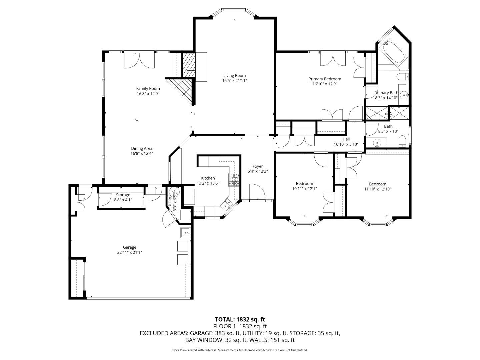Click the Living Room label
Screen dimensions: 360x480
(x=235, y=75)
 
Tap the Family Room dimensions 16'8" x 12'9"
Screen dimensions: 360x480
(x=148, y=94)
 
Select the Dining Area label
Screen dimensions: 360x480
(x=142, y=148)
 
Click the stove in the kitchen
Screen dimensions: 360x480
(x=234, y=180)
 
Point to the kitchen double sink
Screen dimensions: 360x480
(x=228, y=203)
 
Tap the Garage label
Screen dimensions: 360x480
(x=129, y=247)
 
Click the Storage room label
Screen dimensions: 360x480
(x=123, y=195)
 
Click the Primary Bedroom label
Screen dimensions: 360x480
(x=325, y=79)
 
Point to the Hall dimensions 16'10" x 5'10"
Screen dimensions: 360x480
(x=346, y=144)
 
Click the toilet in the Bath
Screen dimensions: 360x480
(x=402, y=142)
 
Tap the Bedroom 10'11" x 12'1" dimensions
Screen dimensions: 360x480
(x=304, y=189)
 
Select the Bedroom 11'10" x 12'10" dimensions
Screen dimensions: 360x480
(x=378, y=189)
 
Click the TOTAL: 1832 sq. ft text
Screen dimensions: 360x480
(x=240, y=319)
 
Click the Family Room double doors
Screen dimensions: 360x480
(x=140, y=61)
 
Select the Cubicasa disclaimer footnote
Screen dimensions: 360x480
(x=240, y=350)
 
